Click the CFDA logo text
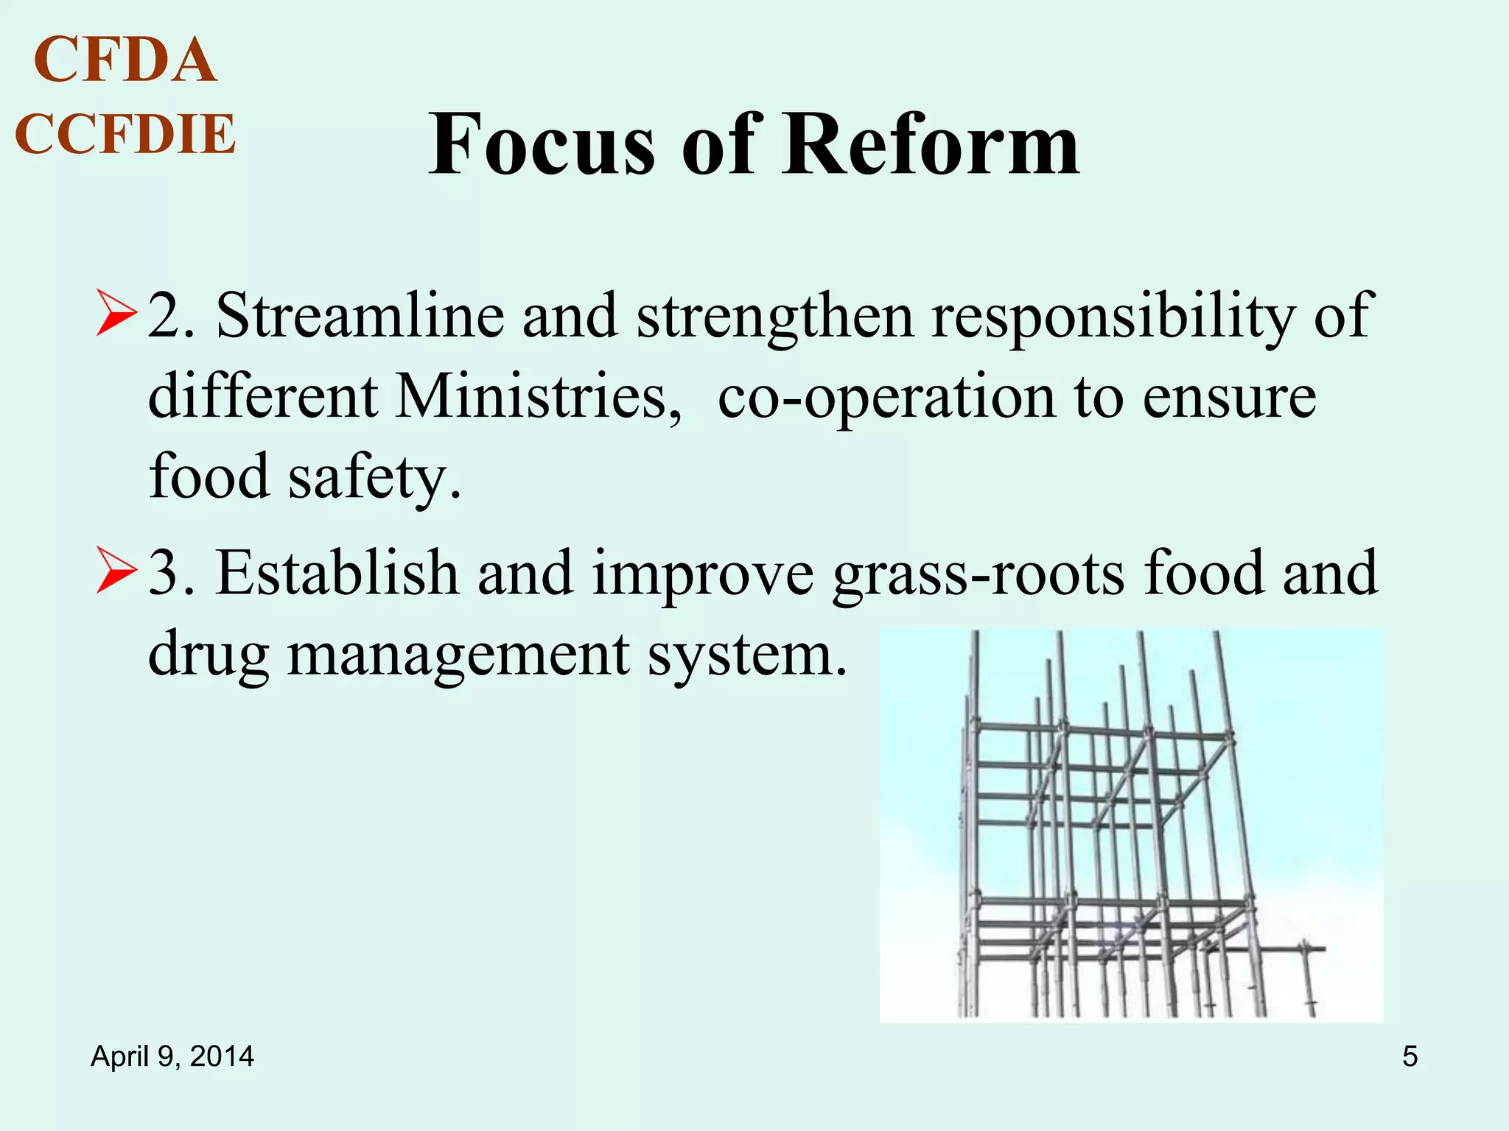click(x=125, y=60)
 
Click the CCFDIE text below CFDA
click(x=125, y=134)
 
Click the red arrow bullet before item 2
click(x=116, y=314)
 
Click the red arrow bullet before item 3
click(x=116, y=571)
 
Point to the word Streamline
click(x=360, y=315)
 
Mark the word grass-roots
click(x=979, y=574)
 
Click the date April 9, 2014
click(x=172, y=1057)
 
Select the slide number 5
click(x=1410, y=1057)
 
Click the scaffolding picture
click(x=1131, y=825)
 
